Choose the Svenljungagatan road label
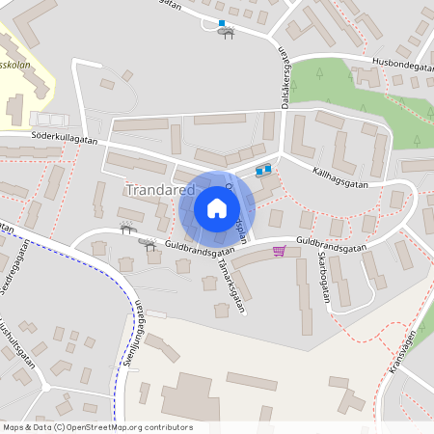[x=138, y=333]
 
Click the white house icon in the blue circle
[x=216, y=207]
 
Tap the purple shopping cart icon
[x=280, y=251]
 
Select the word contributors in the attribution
[x=167, y=426]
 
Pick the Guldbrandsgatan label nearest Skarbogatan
[x=333, y=246]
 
